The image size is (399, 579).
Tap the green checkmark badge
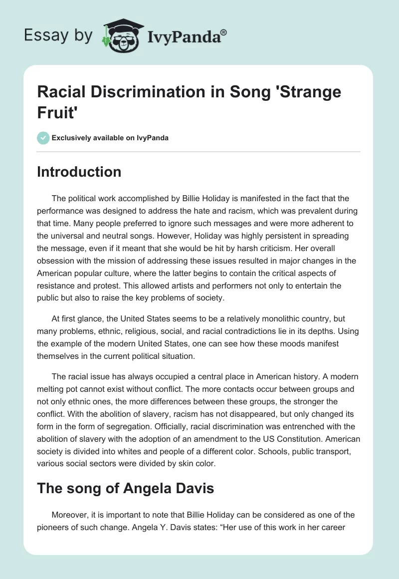(43, 138)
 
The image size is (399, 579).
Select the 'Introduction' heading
(79, 172)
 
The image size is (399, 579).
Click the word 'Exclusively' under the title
(71, 138)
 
